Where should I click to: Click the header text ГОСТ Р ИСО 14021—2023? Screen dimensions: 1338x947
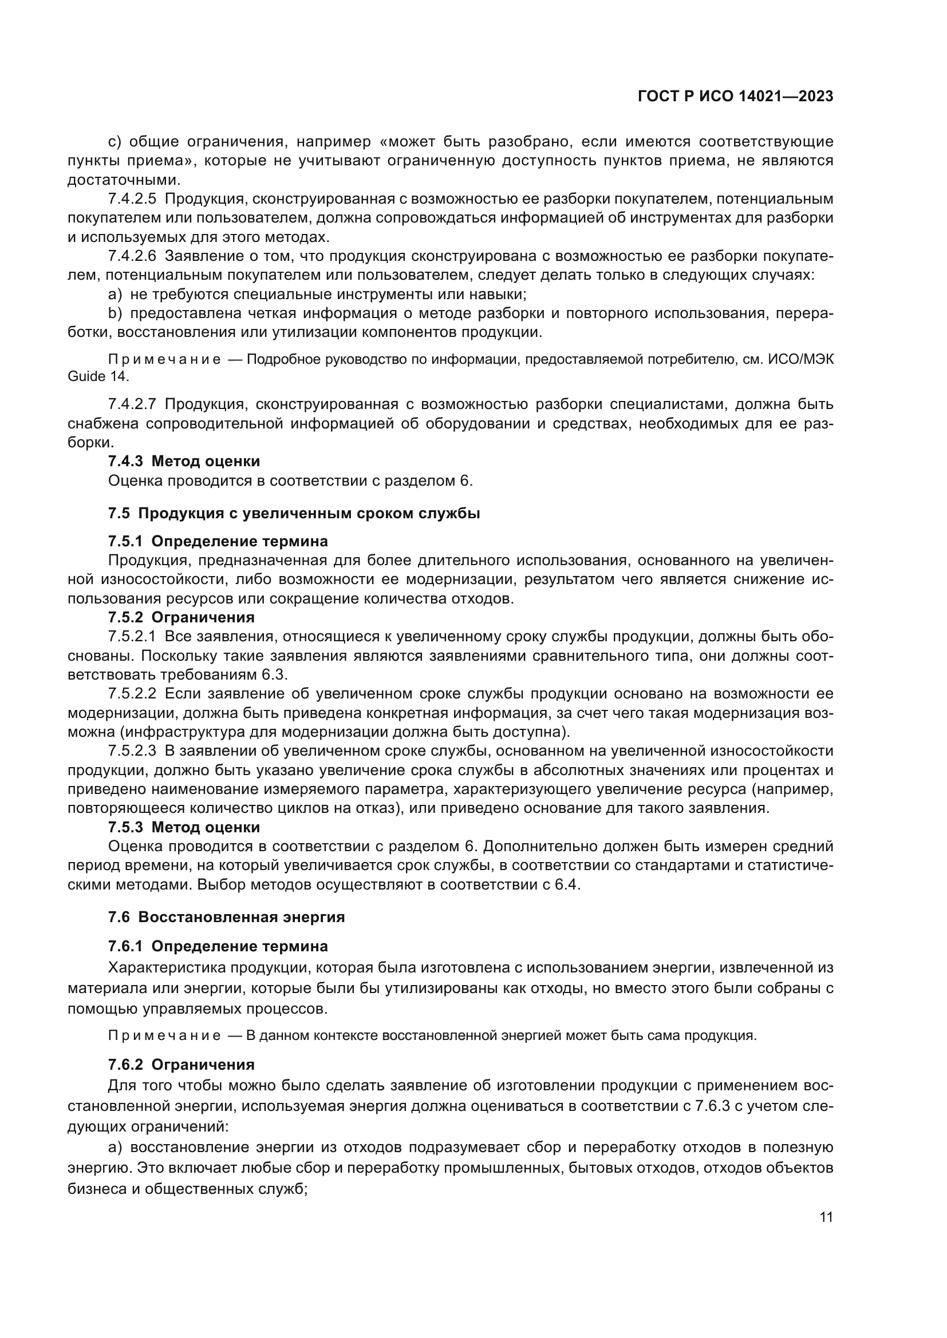tap(735, 97)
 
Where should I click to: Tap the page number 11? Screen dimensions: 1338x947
tap(826, 1217)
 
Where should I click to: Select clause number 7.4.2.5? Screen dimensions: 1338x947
tap(132, 198)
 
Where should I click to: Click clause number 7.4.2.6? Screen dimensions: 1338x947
tap(132, 256)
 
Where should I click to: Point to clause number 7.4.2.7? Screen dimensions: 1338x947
tap(132, 404)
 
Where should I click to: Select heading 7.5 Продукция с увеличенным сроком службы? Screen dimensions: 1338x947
tap(294, 513)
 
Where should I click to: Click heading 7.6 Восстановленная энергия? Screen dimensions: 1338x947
tap(226, 917)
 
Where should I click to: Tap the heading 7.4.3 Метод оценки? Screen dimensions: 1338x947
tap(184, 462)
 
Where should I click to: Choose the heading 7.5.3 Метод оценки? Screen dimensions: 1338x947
tap(184, 828)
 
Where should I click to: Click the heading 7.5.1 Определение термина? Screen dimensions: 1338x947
tap(218, 541)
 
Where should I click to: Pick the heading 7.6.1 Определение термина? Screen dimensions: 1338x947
tap(218, 946)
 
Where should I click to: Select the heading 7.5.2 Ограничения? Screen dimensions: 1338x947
tap(181, 617)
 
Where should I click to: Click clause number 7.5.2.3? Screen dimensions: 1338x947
tap(132, 751)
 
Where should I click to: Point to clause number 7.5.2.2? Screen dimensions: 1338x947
tap(132, 694)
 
